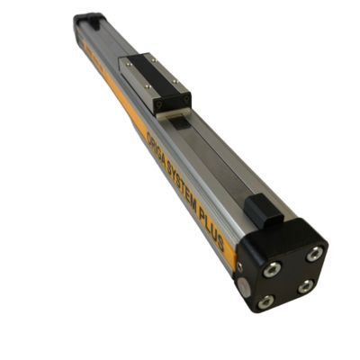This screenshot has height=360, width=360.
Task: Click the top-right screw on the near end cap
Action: coord(313,254)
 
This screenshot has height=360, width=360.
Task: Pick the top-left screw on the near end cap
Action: coord(272,267)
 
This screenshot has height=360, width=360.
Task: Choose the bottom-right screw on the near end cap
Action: coord(307,286)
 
